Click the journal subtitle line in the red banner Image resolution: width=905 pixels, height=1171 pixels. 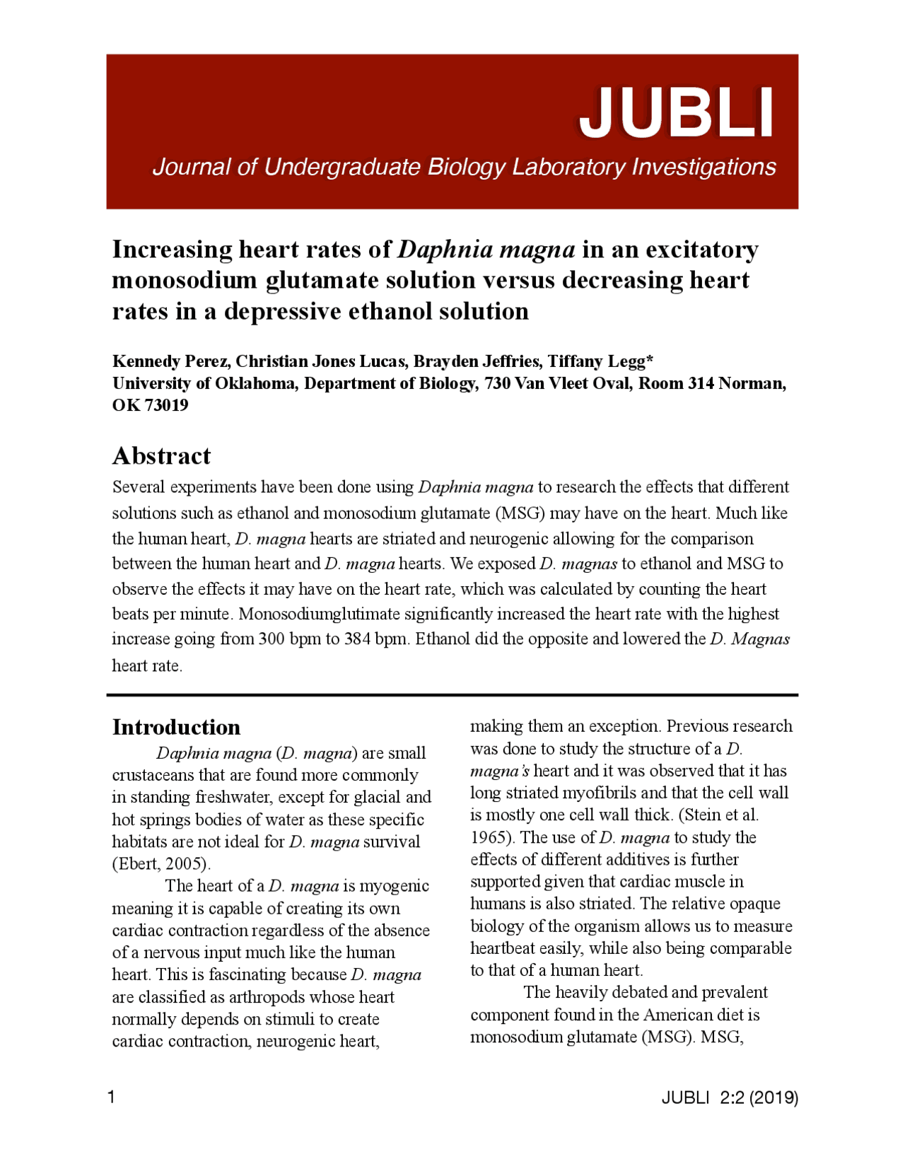point(464,168)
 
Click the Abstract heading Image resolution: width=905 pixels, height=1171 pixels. point(161,456)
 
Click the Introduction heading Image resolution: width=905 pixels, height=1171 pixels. point(176,727)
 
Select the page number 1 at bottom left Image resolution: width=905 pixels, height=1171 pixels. point(111,1097)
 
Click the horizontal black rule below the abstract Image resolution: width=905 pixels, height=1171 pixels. point(452,695)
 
